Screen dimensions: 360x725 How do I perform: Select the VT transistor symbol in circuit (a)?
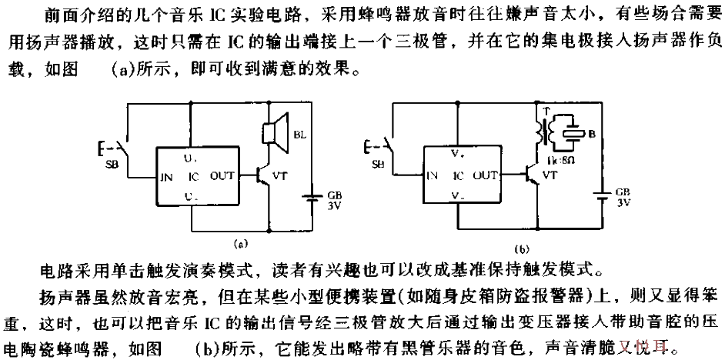pyautogui.click(x=264, y=175)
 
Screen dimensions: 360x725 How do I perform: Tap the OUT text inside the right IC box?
pyautogui.click(x=486, y=175)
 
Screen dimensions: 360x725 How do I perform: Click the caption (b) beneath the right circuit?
pyautogui.click(x=522, y=249)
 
